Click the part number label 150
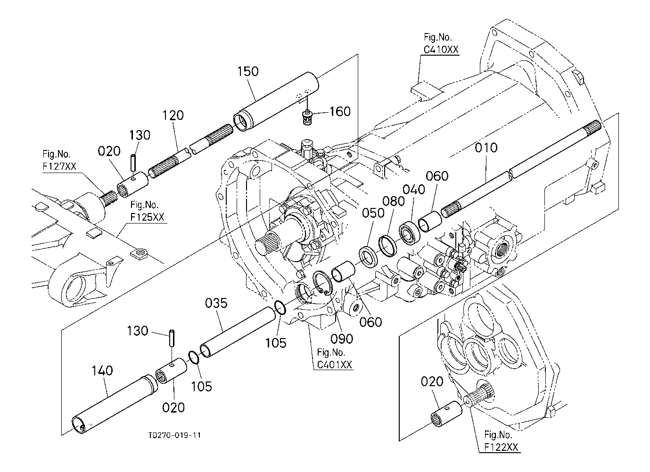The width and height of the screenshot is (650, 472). coord(248,71)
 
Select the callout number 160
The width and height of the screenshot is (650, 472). coord(340,111)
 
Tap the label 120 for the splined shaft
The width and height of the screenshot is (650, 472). coord(173,116)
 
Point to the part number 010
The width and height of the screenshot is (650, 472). coord(486,148)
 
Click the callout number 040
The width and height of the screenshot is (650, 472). coord(414,190)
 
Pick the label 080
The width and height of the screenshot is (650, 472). coord(394,201)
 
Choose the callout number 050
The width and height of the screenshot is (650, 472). coord(373,213)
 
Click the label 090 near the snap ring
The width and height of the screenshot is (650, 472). coord(342,339)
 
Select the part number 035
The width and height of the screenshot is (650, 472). coord(216,303)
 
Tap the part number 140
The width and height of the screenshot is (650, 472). coord(102,371)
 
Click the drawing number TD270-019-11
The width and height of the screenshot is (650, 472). coord(174,435)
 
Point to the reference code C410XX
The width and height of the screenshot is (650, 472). coord(441,50)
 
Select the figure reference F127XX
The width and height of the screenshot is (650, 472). coord(59,166)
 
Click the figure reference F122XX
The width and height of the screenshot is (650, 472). coord(501,447)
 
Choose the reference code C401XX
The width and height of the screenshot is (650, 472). coord(335,365)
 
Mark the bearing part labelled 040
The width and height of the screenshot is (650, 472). coord(409,234)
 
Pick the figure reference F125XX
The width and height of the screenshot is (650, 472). coord(147,217)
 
